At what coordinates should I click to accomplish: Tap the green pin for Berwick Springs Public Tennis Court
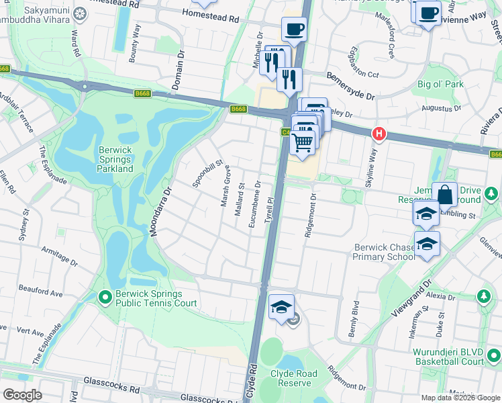(105, 296)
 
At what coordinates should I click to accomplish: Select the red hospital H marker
(379, 134)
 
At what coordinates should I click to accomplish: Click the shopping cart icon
(303, 142)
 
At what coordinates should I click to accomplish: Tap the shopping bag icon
(444, 195)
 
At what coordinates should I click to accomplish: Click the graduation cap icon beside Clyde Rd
(281, 308)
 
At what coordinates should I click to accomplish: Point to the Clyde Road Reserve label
(291, 378)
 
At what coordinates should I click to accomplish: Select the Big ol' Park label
(440, 85)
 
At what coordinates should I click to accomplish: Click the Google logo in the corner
(23, 395)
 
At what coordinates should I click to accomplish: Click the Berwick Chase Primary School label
(384, 253)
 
